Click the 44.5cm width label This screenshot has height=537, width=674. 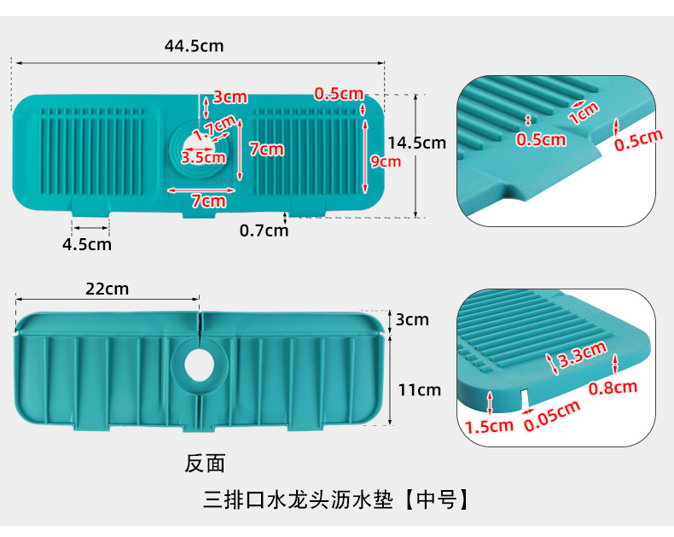coord(194,46)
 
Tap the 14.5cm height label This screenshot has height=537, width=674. coord(417,143)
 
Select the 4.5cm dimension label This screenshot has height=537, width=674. coord(87,244)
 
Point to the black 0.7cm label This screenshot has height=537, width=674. coord(264,231)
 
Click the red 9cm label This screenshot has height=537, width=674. coord(386,161)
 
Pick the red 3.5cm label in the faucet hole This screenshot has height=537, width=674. coord(203,157)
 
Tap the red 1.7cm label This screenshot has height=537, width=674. coord(214,128)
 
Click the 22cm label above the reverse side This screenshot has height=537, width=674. coord(107,289)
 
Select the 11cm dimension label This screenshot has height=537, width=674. coord(420,390)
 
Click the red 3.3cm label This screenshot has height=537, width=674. coord(582,353)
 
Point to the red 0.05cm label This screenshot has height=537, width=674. coord(552,416)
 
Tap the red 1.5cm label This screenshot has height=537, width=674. coord(489,426)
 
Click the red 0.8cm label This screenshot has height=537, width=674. coord(613,388)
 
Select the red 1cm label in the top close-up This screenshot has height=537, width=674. coord(584,113)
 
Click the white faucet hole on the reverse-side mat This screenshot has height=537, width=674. coord(200,365)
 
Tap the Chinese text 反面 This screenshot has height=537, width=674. coord(205,464)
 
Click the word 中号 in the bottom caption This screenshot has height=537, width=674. coord(437,499)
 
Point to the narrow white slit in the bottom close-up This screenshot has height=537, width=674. coord(524,398)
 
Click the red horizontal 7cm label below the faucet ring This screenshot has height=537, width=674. coord(208,201)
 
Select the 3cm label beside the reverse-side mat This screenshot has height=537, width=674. coord(412,319)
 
